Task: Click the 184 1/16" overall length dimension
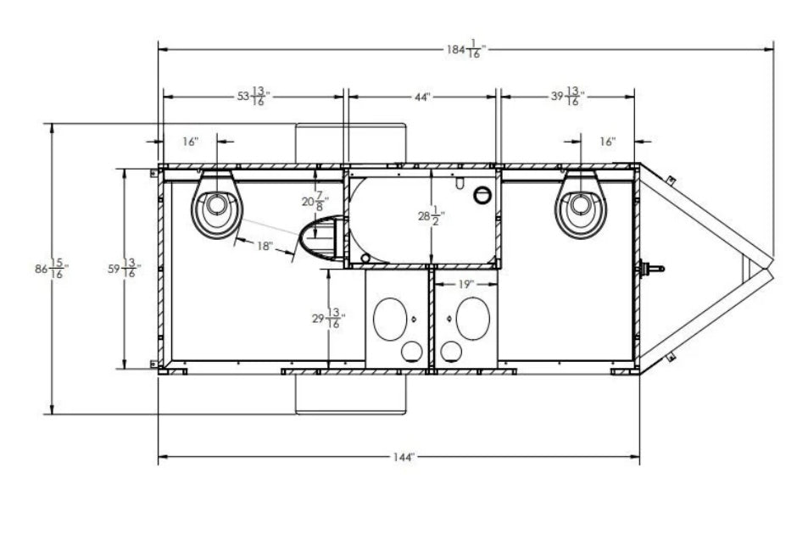click(x=465, y=49)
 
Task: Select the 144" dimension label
click(x=404, y=457)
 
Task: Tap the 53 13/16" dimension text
click(x=254, y=97)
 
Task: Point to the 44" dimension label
click(x=422, y=97)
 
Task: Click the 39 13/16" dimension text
click(x=568, y=97)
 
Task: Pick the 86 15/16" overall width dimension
click(x=52, y=269)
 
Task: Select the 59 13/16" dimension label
click(x=124, y=268)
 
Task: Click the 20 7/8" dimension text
click(x=315, y=202)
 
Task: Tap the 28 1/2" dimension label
click(x=432, y=216)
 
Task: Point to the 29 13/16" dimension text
click(x=329, y=319)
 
